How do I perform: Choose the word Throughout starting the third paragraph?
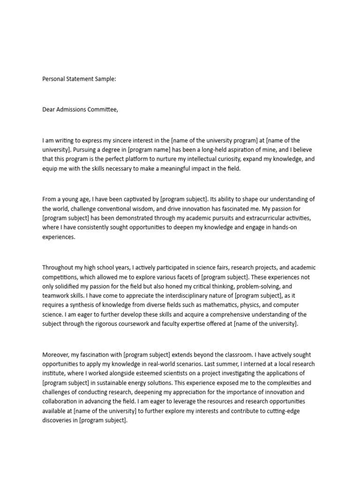[x=58, y=268]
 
